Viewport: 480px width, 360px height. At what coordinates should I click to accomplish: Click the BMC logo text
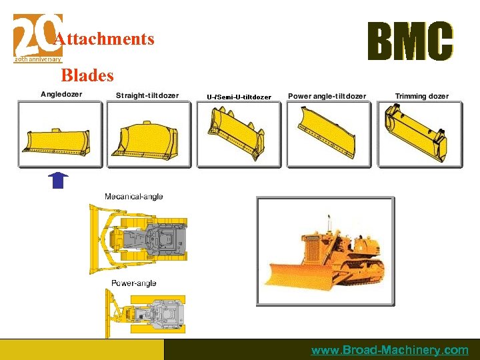[x=410, y=41]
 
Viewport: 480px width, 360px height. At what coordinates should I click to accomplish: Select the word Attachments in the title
[x=104, y=39]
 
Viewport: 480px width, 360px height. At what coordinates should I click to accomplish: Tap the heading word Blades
[x=87, y=76]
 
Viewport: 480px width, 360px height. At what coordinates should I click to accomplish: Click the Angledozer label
[x=61, y=94]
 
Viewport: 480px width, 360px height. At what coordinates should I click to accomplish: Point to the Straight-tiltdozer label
[x=147, y=95]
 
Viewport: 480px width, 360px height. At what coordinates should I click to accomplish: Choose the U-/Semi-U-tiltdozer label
[x=239, y=97]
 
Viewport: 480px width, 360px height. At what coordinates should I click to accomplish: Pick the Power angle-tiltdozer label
[x=327, y=96]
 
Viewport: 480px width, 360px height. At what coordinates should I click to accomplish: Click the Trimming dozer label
[x=422, y=96]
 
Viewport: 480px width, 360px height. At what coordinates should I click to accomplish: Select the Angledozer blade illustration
[x=60, y=141]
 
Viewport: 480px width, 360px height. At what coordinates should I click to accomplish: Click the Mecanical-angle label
[x=133, y=197]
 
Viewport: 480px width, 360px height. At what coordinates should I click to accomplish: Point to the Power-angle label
[x=133, y=283]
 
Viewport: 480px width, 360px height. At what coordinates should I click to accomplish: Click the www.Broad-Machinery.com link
[x=389, y=350]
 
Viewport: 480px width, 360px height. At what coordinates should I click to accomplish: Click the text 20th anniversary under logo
[x=38, y=59]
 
